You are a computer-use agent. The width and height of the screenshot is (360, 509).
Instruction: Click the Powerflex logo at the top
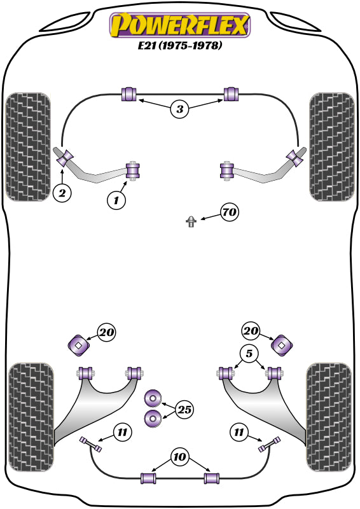(x=180, y=25)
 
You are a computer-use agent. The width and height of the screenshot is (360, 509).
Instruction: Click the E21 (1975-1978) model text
(x=180, y=45)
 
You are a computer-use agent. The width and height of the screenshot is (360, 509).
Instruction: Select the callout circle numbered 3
(x=180, y=109)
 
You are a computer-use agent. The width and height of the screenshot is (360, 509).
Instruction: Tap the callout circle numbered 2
(x=62, y=193)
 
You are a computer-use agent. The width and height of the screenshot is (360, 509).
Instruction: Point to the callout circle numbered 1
(x=116, y=200)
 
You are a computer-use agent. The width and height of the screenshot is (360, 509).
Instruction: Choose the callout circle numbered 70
(x=230, y=213)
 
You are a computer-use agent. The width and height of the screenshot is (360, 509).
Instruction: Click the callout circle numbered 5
(x=249, y=353)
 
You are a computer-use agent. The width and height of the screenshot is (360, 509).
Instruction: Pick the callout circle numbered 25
(x=184, y=410)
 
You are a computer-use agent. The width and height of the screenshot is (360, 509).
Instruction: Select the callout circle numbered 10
(x=179, y=457)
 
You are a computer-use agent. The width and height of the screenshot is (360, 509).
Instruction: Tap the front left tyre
(x=28, y=147)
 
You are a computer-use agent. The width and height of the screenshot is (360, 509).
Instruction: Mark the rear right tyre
(x=329, y=417)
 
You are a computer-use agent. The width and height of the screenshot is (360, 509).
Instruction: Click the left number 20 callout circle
(x=107, y=332)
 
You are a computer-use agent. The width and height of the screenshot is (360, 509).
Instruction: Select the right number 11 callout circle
(x=239, y=433)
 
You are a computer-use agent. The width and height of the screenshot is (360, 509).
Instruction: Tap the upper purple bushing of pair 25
(x=153, y=398)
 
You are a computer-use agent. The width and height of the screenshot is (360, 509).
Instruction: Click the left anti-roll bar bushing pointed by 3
(x=129, y=94)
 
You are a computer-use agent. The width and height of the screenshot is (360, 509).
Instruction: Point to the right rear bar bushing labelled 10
(x=212, y=478)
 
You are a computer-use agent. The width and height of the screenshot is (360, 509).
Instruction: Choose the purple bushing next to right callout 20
(x=281, y=345)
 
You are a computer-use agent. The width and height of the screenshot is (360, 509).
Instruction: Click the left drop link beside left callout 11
(x=90, y=444)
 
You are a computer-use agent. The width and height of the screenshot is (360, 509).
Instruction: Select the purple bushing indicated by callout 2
(x=65, y=158)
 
